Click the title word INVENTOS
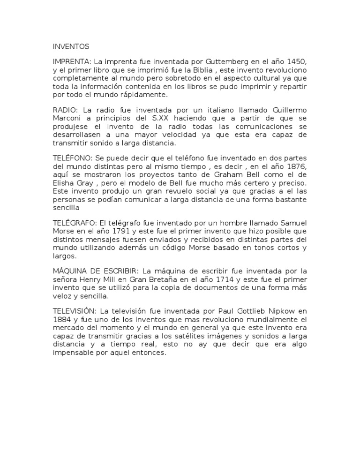click(70, 47)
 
